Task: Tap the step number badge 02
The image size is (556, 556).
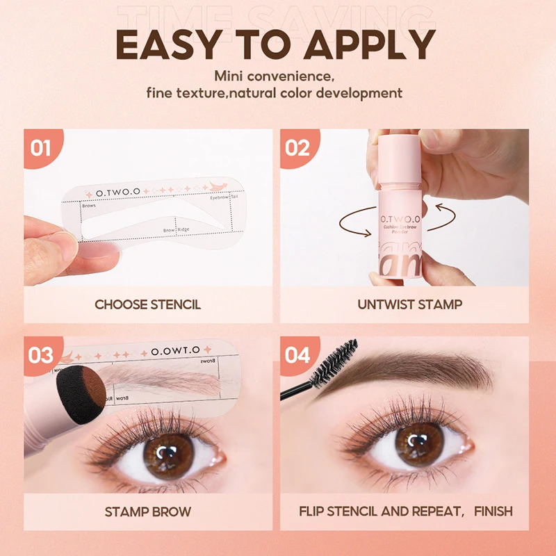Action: [297, 148]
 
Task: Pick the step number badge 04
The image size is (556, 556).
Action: [297, 354]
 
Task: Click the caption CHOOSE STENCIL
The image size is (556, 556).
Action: [148, 304]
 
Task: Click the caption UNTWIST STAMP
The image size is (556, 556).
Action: [410, 304]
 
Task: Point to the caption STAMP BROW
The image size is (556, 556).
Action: [148, 512]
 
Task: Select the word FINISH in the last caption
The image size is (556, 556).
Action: [493, 512]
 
